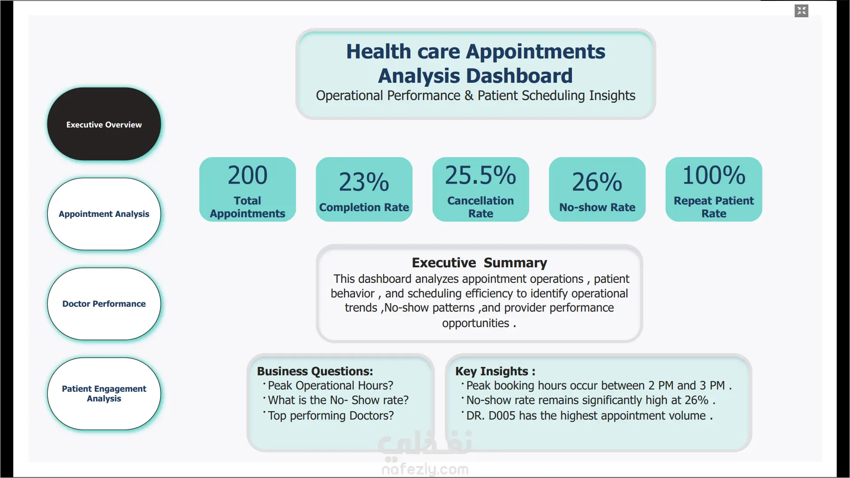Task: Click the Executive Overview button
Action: (x=104, y=124)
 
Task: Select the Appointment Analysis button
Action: (x=104, y=214)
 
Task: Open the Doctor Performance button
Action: (x=104, y=304)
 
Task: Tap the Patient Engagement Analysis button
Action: (x=104, y=394)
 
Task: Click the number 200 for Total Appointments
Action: (x=247, y=175)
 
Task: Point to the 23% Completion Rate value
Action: (x=364, y=182)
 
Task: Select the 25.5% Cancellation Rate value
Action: (x=480, y=175)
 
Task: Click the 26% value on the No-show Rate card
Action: (x=597, y=182)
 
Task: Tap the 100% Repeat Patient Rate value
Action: (x=714, y=175)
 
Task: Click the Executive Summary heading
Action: (x=479, y=263)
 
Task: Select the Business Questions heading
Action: (x=315, y=371)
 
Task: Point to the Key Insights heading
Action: (x=495, y=371)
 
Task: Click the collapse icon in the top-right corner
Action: (x=801, y=11)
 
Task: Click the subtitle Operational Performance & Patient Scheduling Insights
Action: (x=475, y=96)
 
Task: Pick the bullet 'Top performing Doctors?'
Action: (x=331, y=416)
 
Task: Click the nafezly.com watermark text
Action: (x=425, y=469)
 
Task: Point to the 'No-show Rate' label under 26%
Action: (x=597, y=207)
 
